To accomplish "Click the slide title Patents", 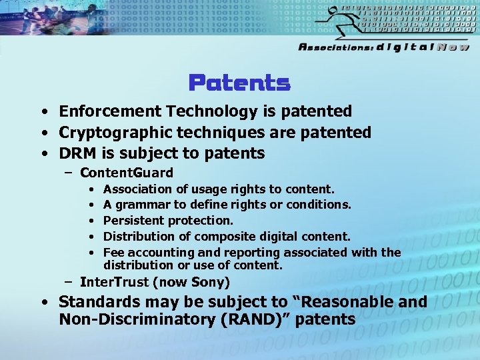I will [239, 83].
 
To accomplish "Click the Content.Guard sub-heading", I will [126, 173].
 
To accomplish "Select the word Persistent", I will [133, 220].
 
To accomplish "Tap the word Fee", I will [113, 252].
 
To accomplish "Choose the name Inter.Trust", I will [111, 282].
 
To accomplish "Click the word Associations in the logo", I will [335, 47].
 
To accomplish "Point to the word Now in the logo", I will [453, 47].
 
